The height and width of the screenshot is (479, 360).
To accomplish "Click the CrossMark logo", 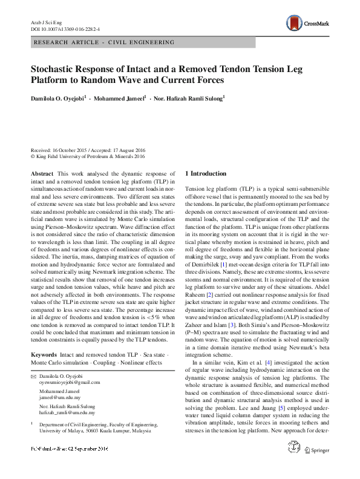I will point(309,24).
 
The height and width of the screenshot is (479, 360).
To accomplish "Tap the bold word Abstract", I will point(42,174).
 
